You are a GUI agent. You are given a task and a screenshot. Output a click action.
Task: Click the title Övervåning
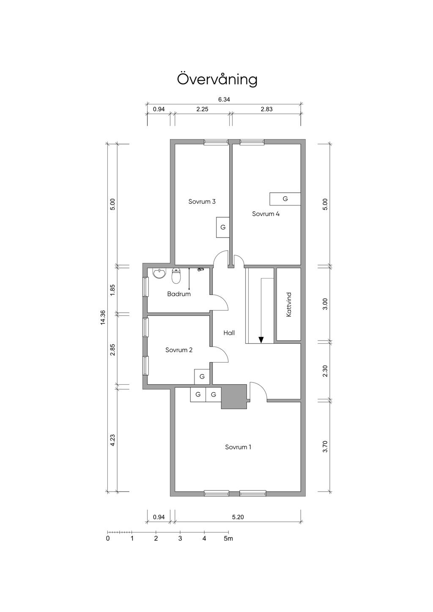(217, 79)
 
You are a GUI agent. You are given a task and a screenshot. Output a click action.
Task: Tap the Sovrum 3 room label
(202, 202)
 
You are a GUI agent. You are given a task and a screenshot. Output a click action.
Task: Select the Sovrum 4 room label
(266, 214)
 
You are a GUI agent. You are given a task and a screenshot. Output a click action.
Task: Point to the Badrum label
(179, 294)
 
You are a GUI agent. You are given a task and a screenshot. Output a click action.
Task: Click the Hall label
(229, 333)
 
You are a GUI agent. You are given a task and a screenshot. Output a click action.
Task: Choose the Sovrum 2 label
(179, 350)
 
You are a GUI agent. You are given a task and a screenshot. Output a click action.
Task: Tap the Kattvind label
(289, 305)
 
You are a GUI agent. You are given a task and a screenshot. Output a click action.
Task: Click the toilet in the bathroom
(176, 276)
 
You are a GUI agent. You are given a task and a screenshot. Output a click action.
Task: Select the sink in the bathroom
(159, 273)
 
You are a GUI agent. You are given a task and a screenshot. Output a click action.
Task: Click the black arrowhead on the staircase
(261, 340)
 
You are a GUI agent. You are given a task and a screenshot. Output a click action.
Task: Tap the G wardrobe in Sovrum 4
(285, 199)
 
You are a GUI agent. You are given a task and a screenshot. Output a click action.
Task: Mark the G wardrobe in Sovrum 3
(223, 227)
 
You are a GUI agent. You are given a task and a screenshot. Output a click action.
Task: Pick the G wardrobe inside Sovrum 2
(202, 377)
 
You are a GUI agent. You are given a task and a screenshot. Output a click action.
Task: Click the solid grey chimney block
(234, 396)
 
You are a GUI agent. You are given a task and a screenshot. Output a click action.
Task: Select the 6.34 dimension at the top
(224, 99)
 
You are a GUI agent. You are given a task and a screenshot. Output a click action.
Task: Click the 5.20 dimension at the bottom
(238, 517)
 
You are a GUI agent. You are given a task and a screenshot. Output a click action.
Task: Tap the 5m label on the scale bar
(228, 538)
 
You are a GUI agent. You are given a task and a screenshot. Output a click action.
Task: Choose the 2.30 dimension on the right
(325, 371)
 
